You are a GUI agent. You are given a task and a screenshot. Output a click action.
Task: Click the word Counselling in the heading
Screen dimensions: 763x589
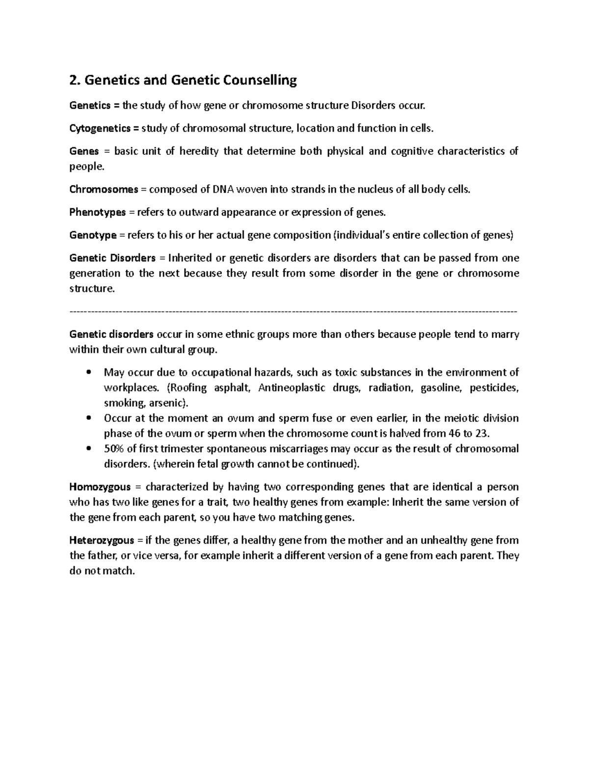(260, 80)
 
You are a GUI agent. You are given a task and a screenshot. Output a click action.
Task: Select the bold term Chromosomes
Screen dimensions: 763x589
(104, 190)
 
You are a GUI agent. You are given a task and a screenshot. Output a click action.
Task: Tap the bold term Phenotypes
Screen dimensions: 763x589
(98, 213)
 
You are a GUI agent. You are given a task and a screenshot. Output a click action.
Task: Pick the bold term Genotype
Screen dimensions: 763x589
(93, 235)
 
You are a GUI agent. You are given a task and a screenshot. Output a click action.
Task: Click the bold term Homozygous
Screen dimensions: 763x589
(100, 487)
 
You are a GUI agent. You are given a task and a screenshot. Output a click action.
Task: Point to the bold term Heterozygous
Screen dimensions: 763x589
(102, 540)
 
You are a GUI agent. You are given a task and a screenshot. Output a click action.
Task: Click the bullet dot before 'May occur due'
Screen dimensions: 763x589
(88, 372)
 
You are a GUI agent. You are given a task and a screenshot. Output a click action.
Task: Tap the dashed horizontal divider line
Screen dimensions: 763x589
(294, 311)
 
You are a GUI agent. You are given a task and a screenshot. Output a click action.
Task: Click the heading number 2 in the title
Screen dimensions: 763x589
(74, 80)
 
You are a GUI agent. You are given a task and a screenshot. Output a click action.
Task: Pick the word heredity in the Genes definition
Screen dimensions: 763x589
(199, 151)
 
